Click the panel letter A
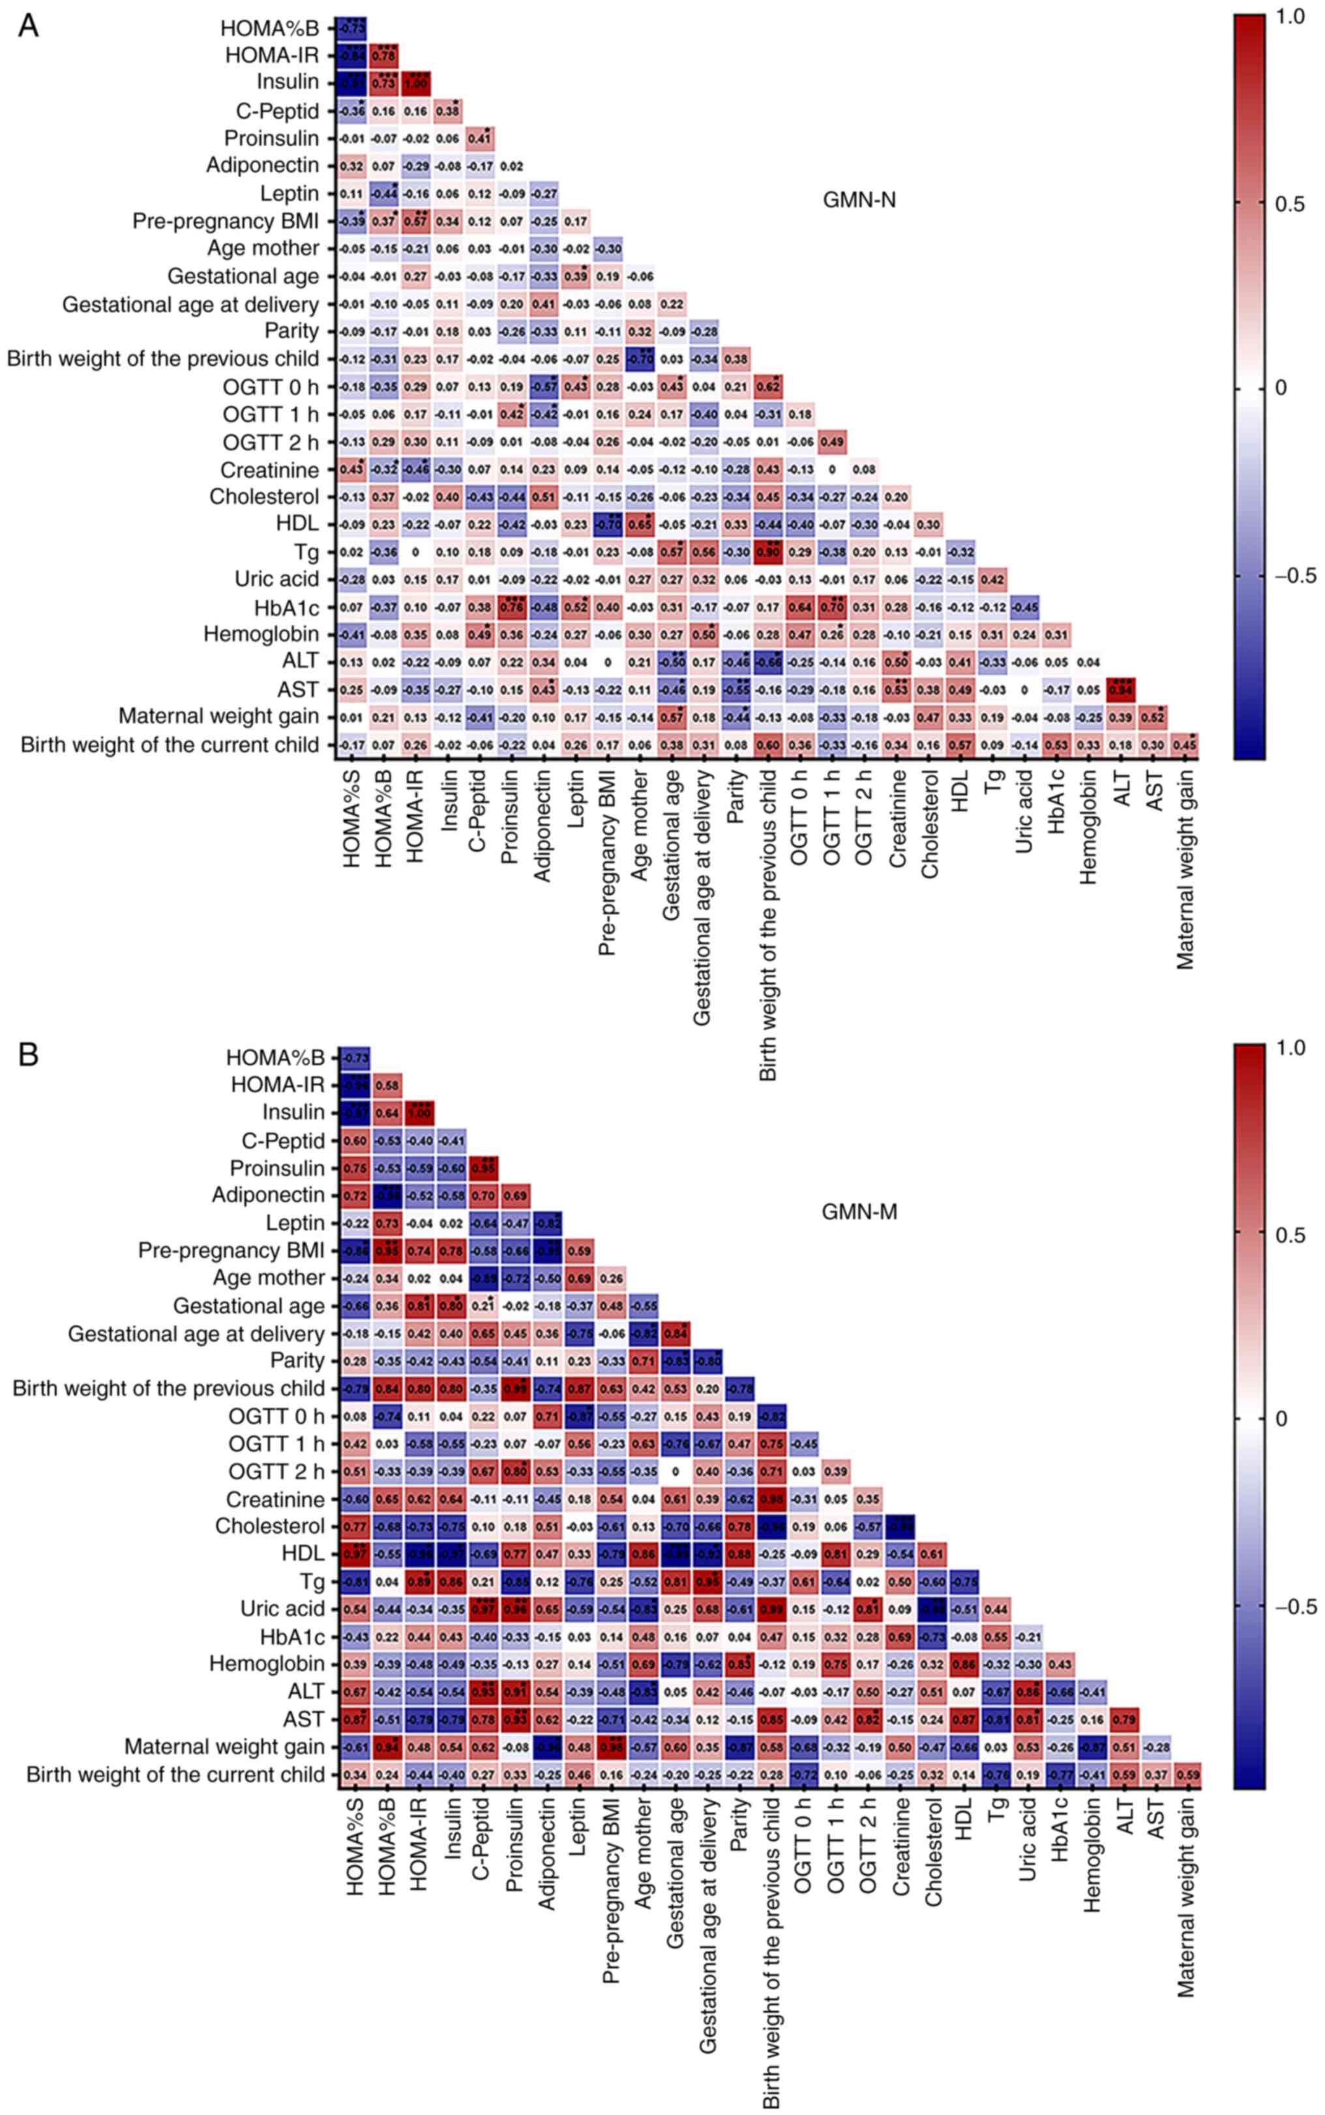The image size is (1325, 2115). (x=28, y=26)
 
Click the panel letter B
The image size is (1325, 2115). (x=28, y=1055)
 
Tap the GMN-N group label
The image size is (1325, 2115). (x=858, y=201)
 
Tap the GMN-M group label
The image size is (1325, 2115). (x=859, y=1213)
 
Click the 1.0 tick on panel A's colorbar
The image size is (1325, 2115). (x=1292, y=18)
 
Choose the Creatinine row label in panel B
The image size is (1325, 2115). (x=275, y=1499)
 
